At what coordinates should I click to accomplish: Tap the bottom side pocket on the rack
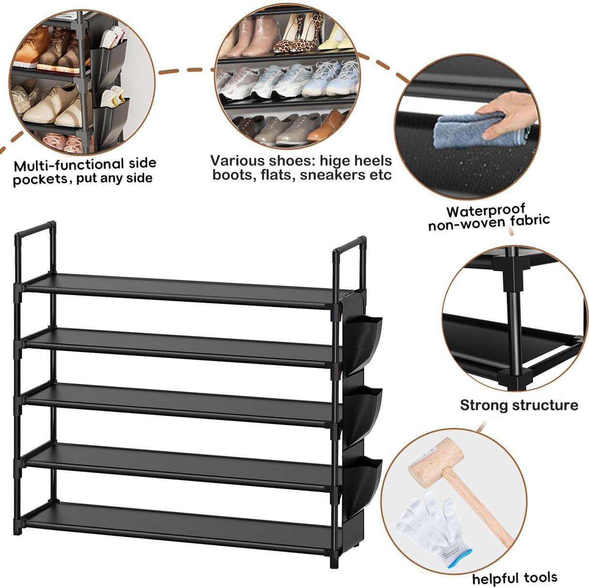363,477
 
